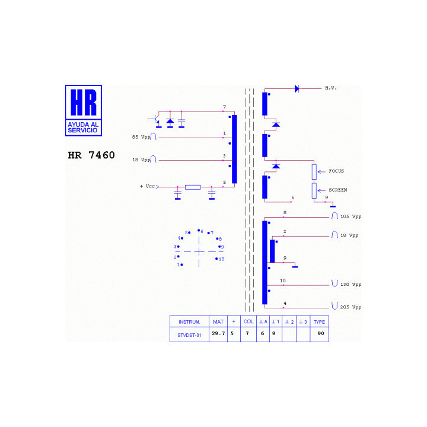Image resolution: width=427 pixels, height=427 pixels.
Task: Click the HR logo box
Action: pos(84,110)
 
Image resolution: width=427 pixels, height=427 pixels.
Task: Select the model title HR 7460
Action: pos(91,155)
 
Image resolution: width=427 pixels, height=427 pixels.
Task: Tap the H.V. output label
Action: pos(331,88)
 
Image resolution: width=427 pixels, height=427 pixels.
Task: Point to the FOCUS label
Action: pos(336,171)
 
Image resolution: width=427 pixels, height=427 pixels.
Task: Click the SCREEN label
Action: pos(338,190)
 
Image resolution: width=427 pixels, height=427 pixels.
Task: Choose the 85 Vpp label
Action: pos(141,137)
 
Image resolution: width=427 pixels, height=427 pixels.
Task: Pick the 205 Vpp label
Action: pos(350,307)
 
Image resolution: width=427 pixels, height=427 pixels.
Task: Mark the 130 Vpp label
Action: pos(350,285)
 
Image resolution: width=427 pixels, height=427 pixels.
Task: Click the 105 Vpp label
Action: pos(350,216)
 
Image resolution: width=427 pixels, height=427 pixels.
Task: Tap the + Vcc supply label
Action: pos(147,186)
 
